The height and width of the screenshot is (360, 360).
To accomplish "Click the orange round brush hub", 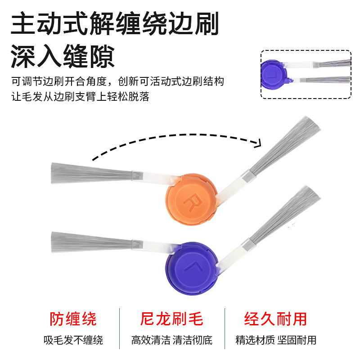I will point(191,201).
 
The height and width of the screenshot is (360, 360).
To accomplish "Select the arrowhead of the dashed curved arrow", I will point(258,143).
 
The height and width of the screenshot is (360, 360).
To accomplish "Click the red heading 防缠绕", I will point(73,319).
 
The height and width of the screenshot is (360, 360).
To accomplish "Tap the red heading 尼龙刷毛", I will point(171,319).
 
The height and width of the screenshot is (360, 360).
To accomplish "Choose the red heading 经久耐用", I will point(275,319).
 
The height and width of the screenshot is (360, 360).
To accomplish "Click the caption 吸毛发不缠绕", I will point(73,340).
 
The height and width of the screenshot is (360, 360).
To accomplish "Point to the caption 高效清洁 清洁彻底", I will point(171,340).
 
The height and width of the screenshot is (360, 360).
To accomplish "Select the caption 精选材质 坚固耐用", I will point(275,340).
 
